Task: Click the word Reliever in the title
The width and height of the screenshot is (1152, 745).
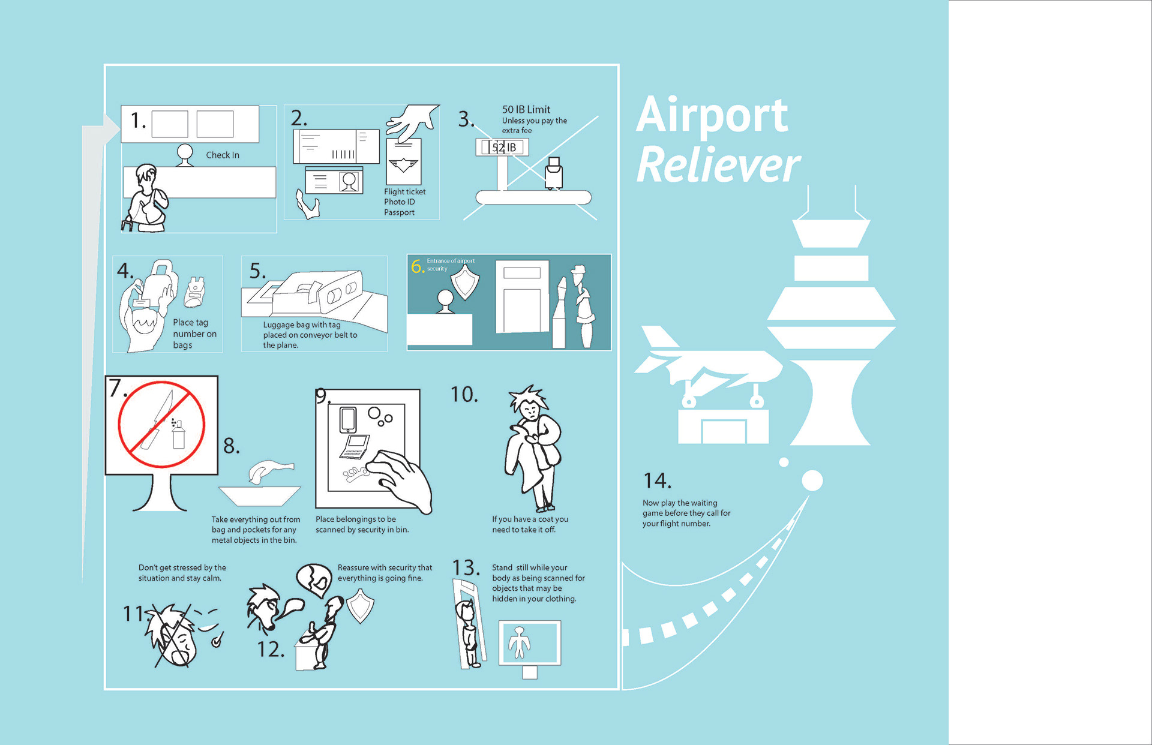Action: (718, 165)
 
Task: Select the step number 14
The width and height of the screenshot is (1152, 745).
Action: (656, 480)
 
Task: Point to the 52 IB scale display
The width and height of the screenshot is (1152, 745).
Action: (502, 147)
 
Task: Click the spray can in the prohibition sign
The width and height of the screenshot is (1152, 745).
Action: (178, 434)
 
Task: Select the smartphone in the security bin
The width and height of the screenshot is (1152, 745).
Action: (348, 419)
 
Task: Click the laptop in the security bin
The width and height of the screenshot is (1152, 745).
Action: (355, 446)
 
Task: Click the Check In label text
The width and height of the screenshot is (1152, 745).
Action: (223, 155)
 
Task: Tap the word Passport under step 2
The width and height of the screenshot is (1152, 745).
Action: (399, 212)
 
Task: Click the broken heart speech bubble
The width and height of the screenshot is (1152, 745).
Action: (314, 578)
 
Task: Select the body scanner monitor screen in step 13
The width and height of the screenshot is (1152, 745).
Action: (530, 642)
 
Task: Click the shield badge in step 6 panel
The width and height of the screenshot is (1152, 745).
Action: (465, 282)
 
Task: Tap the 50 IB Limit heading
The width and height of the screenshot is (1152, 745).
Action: (526, 109)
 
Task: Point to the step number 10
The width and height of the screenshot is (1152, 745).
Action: (464, 395)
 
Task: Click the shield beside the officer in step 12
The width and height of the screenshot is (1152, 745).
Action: (360, 605)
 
